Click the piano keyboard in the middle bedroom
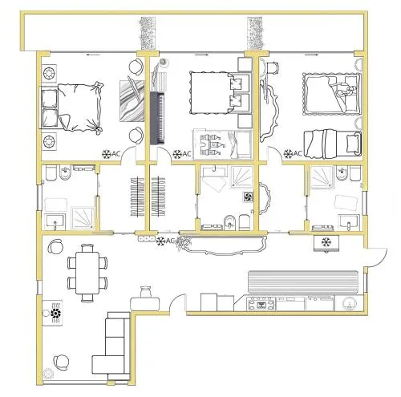pos(157,118)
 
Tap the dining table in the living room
pos(87,273)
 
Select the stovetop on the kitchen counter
pos(261,304)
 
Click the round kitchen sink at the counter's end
pos(350,304)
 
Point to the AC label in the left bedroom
pos(115,154)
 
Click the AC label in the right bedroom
pos(298,153)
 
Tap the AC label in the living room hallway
pos(170,241)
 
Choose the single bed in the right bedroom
pos(333,144)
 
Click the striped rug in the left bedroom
pos(132,101)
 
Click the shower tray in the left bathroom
pos(83,218)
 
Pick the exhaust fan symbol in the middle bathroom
pos(248,197)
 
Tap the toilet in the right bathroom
pos(355,173)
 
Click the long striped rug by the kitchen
pos(303,282)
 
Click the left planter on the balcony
pos(148,34)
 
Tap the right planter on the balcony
pos(255,34)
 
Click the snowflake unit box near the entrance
pos(326,243)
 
